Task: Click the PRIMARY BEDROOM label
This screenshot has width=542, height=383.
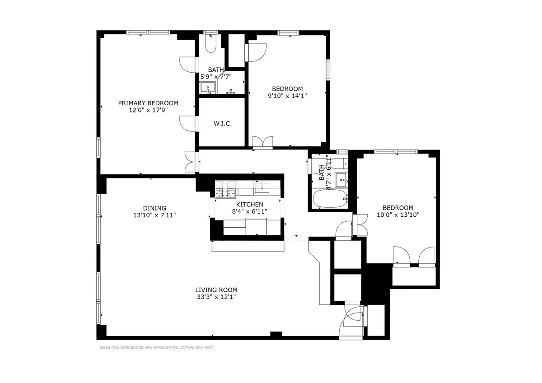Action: (x=148, y=103)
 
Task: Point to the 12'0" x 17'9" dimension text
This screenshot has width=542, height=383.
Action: (x=148, y=110)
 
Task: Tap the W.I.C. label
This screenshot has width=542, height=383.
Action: (x=222, y=123)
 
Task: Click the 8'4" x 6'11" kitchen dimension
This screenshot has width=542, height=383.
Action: (x=250, y=211)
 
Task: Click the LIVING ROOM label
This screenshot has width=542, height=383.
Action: (x=216, y=290)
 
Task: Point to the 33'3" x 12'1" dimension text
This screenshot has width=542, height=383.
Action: (x=216, y=297)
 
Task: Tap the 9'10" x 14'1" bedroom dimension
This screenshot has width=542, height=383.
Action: (x=287, y=95)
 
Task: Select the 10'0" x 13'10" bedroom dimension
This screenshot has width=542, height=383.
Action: (x=398, y=215)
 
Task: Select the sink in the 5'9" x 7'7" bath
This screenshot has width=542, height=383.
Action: (x=208, y=87)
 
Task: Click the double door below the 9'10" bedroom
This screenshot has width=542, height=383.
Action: (x=262, y=142)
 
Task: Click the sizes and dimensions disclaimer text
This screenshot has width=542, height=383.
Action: (x=156, y=347)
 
